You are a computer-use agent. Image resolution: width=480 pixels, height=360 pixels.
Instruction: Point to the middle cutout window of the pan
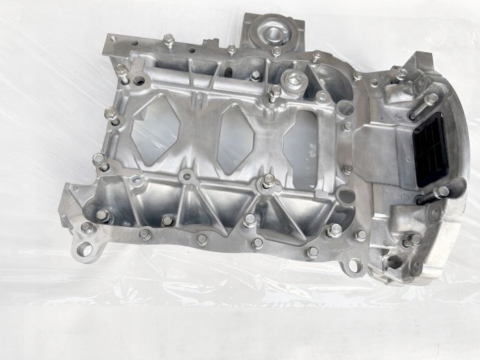point(235,136)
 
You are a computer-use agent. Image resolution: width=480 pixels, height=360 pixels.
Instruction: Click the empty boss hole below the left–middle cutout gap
point(187,177)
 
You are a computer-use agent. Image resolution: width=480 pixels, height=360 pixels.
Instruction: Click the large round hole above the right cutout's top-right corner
point(346,108)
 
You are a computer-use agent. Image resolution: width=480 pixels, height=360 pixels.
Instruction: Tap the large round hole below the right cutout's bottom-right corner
point(347,196)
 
